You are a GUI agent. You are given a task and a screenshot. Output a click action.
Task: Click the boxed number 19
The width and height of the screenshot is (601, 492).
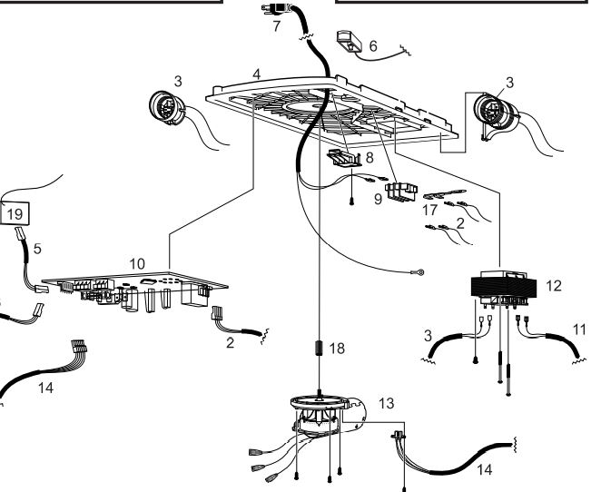coord(15,213)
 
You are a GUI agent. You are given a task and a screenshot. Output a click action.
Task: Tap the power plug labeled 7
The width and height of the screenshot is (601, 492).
coord(276,8)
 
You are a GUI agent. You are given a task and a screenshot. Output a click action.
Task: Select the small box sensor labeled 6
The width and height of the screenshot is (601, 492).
coord(350,41)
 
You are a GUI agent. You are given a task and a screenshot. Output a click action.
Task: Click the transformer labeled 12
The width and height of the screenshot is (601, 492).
coord(503,288)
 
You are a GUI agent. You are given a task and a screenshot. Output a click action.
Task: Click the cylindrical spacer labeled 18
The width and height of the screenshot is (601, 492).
coord(319,349)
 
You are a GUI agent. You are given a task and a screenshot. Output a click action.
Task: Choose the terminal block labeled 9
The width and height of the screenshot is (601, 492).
coord(401,192)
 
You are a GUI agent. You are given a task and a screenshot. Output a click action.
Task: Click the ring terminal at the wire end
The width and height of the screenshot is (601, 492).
coord(419,273)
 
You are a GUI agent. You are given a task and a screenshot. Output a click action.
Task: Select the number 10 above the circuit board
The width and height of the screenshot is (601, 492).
coord(137,264)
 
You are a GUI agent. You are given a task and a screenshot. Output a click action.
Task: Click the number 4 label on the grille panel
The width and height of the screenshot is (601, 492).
coord(256,74)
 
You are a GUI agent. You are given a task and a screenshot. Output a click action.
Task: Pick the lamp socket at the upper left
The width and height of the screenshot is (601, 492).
coord(167,108)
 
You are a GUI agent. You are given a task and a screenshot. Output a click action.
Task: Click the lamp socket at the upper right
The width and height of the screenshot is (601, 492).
coord(496,112)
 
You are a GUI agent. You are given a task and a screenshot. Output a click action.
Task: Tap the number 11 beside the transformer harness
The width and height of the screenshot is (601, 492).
coord(579,330)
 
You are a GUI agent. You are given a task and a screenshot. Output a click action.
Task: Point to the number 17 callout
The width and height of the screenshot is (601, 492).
coord(429,210)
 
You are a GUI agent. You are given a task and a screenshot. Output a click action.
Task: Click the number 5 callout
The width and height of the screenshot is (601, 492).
coord(37,249)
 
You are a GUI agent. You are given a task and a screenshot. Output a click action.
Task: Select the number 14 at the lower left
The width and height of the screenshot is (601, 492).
coord(45,388)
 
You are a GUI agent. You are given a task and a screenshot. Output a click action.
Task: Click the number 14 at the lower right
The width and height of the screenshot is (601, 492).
coord(485,469)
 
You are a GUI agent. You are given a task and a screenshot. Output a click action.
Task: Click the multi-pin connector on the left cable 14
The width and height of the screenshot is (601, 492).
coord(79,346)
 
